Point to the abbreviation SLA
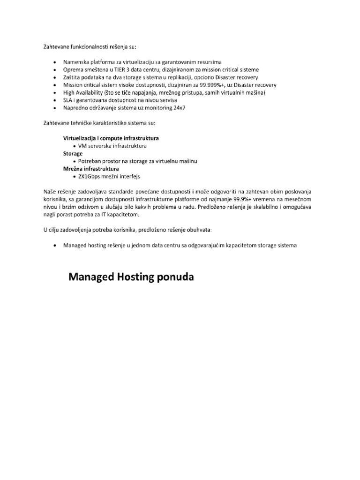[68, 100]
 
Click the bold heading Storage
[73, 153]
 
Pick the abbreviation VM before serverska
[83, 146]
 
